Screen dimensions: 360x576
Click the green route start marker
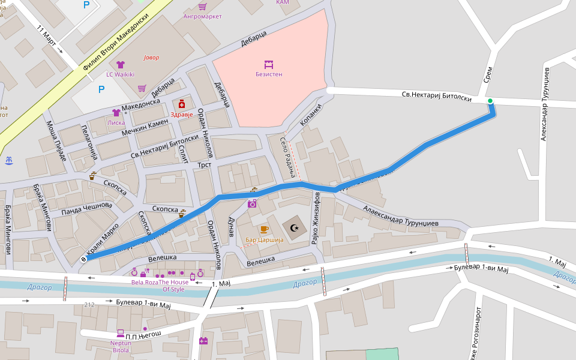tap(490, 101)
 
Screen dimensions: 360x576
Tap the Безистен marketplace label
tap(268, 74)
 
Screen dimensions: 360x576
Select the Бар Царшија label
tap(264, 240)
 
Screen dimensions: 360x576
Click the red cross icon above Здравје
tap(181, 104)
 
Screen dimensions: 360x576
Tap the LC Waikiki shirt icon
tap(120, 65)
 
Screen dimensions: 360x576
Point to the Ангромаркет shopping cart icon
tap(202, 7)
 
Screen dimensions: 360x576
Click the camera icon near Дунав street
tap(252, 204)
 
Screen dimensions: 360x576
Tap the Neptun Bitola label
tap(120, 346)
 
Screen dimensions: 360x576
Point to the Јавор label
tap(152, 58)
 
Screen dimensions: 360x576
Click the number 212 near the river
tap(89, 305)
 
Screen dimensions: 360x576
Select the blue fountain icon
tap(8, 161)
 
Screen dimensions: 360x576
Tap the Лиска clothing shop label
tap(116, 122)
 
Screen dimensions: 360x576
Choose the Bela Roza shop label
tap(145, 281)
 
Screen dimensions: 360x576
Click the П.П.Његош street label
tap(140, 334)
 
